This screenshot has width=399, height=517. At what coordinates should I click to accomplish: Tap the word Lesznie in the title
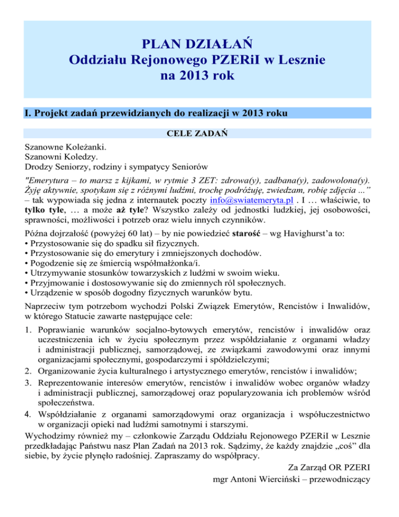pos(297,59)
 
